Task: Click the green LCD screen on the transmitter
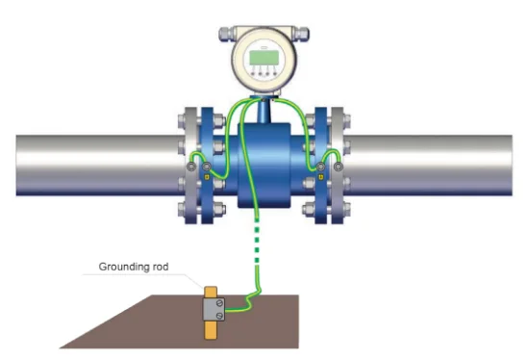point(264,58)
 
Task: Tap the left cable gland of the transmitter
point(227,34)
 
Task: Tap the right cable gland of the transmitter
point(301,34)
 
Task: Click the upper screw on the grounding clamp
point(219,302)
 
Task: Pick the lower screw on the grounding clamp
point(219,316)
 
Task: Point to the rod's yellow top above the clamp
point(211,293)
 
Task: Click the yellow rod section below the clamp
point(211,330)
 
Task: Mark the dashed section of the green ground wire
point(257,241)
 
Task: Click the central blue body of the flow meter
point(264,166)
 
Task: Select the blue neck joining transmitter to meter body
point(264,112)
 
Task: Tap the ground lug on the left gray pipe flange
point(191,167)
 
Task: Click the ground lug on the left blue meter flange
point(207,167)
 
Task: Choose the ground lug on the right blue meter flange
point(321,167)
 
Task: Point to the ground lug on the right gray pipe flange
point(338,167)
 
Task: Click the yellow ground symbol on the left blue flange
point(207,176)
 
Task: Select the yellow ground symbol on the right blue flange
point(321,176)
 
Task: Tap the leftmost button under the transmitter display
point(253,73)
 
